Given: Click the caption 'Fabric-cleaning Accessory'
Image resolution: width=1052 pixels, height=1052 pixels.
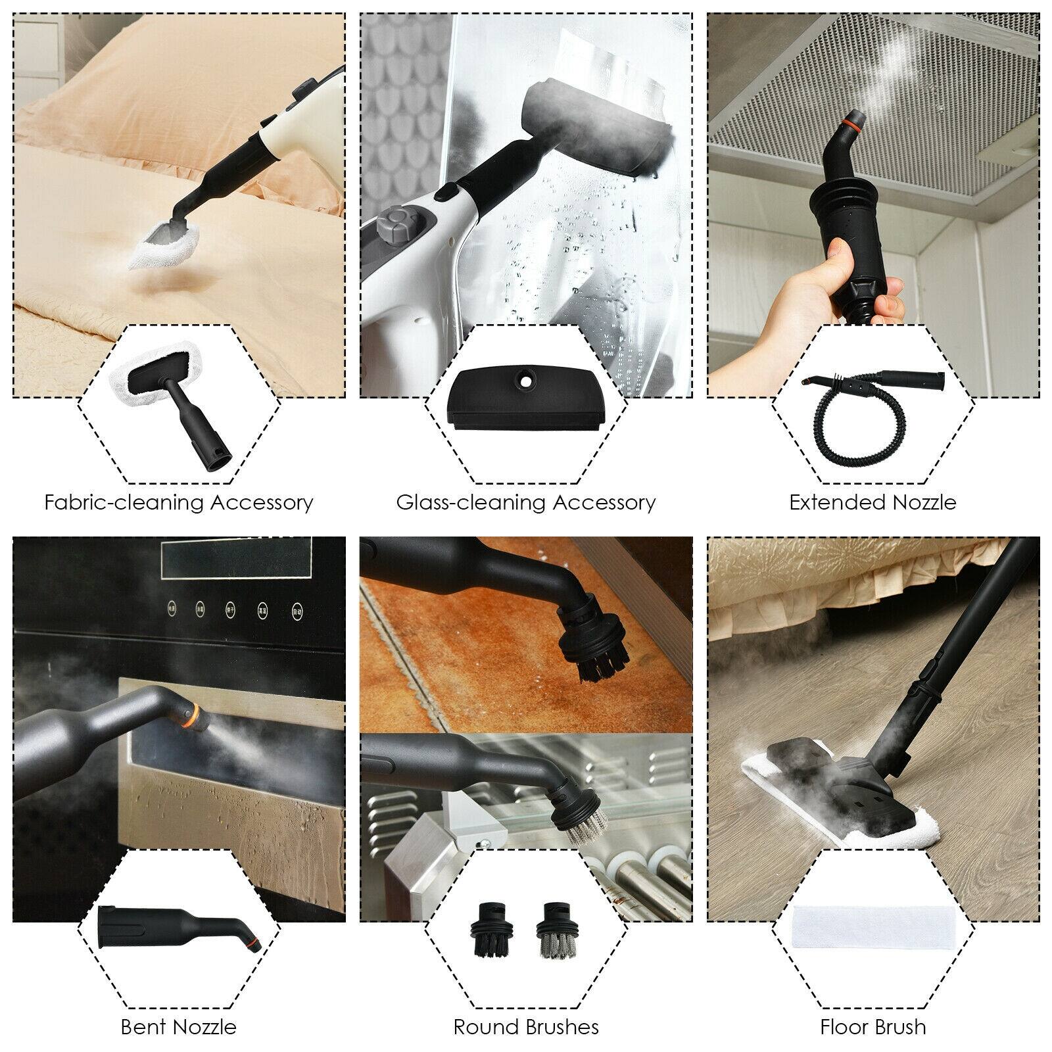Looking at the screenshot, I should [179, 503].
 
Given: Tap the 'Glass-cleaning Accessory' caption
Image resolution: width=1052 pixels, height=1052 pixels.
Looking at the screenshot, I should [526, 503].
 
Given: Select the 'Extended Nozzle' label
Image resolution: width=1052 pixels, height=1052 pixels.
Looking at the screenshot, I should [873, 503].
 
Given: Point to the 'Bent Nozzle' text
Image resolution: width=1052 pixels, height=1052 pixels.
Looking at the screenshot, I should [178, 1027].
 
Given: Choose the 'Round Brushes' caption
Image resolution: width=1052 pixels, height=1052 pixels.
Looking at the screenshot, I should [526, 1027].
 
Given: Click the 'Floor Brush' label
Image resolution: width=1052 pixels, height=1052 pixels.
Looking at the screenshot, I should [873, 1027].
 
